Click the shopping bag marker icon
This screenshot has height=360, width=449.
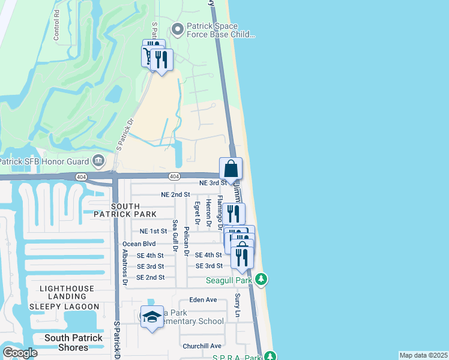[x=231, y=169]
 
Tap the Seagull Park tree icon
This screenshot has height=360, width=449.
[x=261, y=279]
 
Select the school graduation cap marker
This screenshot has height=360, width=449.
[x=152, y=316]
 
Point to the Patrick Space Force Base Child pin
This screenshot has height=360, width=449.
[x=178, y=28]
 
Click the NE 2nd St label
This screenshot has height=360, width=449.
[x=175, y=194]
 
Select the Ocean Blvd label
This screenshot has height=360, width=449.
[x=139, y=244]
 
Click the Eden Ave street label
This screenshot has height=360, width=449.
[x=202, y=299]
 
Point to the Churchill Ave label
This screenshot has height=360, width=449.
[x=202, y=346]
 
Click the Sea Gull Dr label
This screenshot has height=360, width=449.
[x=175, y=235]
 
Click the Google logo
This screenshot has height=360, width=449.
[x=20, y=353]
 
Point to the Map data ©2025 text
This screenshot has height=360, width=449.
[x=423, y=355]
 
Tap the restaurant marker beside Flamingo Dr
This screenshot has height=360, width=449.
[x=233, y=213]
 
